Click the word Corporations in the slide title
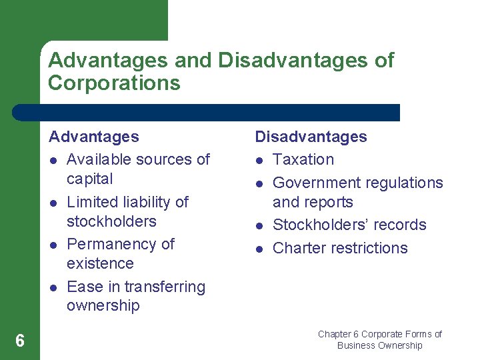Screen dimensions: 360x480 [x=114, y=83]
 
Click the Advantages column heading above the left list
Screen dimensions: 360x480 [x=94, y=137]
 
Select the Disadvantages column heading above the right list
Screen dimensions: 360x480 [x=311, y=137]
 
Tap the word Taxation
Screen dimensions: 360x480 [x=303, y=159]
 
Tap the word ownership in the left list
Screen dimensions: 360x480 [x=103, y=306]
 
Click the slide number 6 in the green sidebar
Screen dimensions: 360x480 [x=20, y=341]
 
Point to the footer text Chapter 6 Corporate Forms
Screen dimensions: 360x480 [x=379, y=334]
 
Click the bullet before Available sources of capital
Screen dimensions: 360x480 [x=53, y=160]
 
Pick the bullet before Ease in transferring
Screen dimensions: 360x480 [x=53, y=287]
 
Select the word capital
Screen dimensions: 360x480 [x=90, y=179]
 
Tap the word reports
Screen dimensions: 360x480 [x=328, y=202]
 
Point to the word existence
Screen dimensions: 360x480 [x=100, y=263]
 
